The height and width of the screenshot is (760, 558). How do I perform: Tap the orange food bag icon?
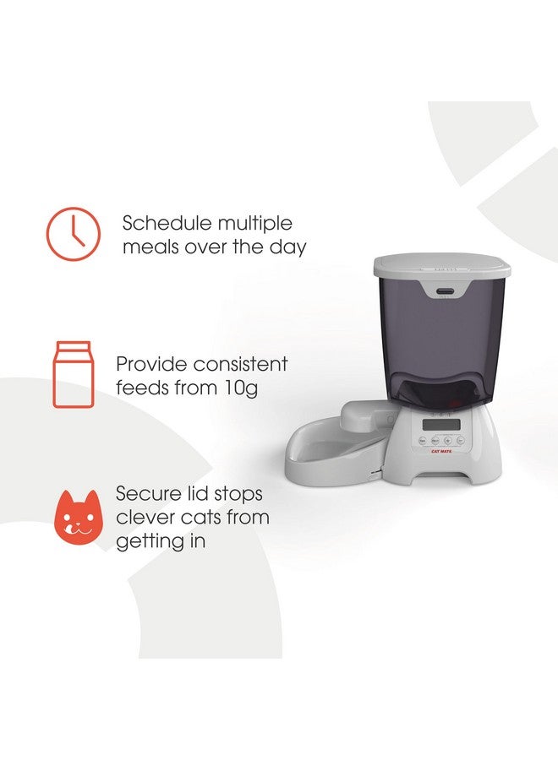(73, 374)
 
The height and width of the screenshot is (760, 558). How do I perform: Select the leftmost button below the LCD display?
(421, 440)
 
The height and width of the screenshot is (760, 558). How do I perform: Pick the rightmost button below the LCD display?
(460, 440)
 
